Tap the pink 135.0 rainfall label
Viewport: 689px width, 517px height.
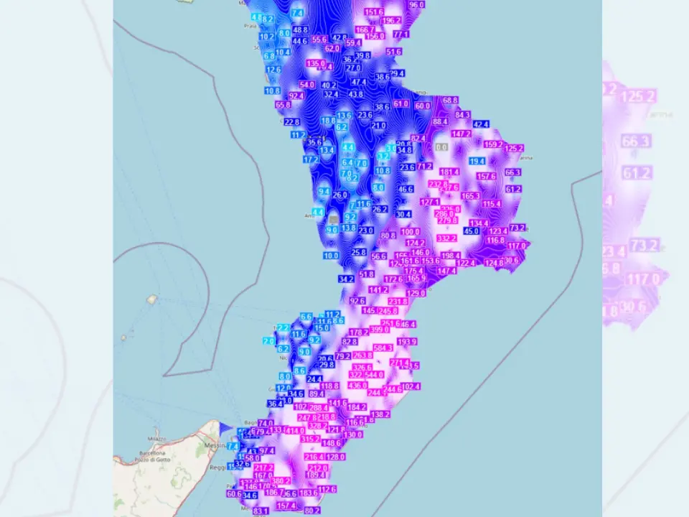(x=316, y=64)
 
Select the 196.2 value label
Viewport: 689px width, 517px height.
(x=391, y=21)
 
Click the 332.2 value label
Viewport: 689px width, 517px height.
(x=446, y=238)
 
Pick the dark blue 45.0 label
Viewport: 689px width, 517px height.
(x=472, y=230)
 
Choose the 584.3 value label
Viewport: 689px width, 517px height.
(x=393, y=348)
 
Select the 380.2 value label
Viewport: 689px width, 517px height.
(x=281, y=481)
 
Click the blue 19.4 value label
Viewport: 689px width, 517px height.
(x=477, y=162)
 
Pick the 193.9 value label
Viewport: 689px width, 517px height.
(x=407, y=342)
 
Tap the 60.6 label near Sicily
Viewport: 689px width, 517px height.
(x=234, y=494)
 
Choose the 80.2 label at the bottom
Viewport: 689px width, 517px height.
(x=312, y=511)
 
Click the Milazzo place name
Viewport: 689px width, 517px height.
(x=157, y=438)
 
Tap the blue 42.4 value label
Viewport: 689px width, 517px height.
(x=481, y=124)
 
